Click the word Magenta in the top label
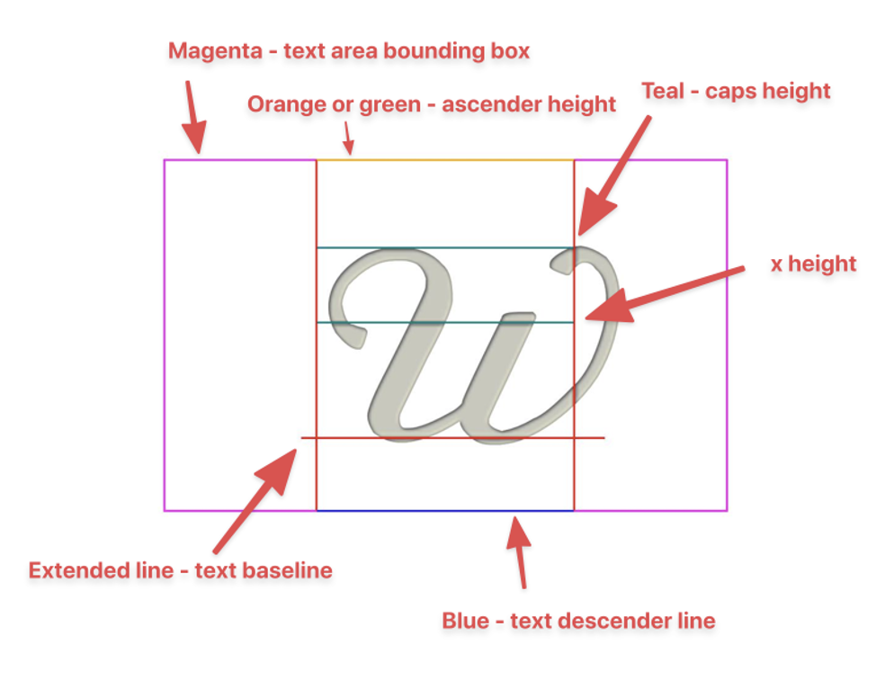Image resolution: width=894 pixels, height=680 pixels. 210,51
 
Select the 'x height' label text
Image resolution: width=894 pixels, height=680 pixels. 813,264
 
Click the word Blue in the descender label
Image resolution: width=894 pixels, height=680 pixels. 462,621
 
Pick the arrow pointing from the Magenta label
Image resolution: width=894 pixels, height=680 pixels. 194,117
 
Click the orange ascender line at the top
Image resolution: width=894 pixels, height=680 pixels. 444,160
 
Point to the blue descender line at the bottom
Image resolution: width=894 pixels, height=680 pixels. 444,511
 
